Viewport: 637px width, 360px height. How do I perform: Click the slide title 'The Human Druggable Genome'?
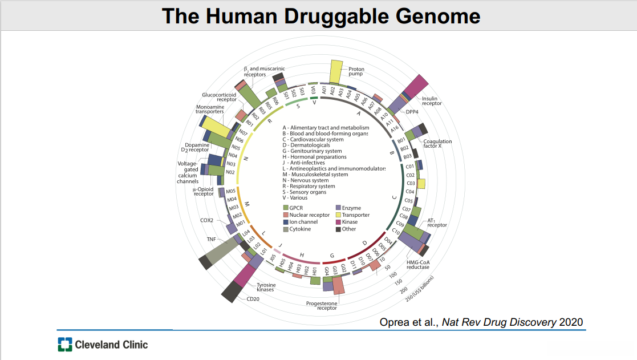[321, 15]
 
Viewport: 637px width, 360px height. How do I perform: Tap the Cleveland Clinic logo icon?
[65, 345]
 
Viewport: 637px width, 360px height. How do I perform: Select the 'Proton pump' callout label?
[356, 72]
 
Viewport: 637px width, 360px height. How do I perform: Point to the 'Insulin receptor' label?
[432, 101]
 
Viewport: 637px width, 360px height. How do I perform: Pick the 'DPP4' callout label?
[412, 112]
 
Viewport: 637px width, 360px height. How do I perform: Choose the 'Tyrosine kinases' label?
[265, 287]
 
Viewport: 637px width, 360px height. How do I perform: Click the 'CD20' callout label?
[253, 298]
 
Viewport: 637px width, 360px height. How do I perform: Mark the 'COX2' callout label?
[206, 220]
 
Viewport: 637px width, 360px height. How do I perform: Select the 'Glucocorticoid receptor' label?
[219, 97]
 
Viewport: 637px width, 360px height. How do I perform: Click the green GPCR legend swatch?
[286, 208]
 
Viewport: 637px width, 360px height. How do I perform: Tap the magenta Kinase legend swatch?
[338, 222]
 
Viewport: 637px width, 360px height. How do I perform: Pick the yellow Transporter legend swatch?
[338, 215]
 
